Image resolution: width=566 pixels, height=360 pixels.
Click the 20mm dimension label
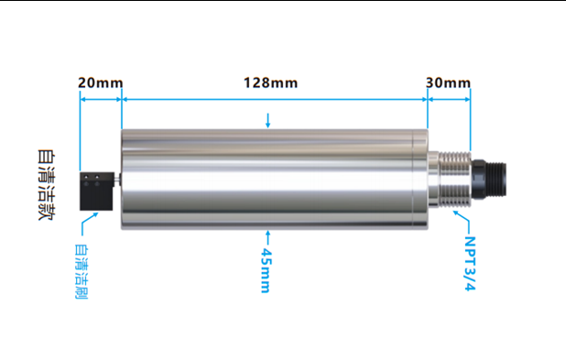(101, 82)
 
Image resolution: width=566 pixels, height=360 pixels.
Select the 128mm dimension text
(271, 82)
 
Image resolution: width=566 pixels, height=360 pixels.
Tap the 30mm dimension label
(449, 82)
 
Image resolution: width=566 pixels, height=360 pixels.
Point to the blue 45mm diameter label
(266, 270)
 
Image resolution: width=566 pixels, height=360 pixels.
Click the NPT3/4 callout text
(470, 264)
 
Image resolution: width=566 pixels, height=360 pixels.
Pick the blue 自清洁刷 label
(82, 271)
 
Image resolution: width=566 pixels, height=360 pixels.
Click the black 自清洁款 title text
(47, 184)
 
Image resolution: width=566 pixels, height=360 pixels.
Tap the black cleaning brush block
(96, 191)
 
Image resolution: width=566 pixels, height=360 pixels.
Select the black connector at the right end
(489, 180)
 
